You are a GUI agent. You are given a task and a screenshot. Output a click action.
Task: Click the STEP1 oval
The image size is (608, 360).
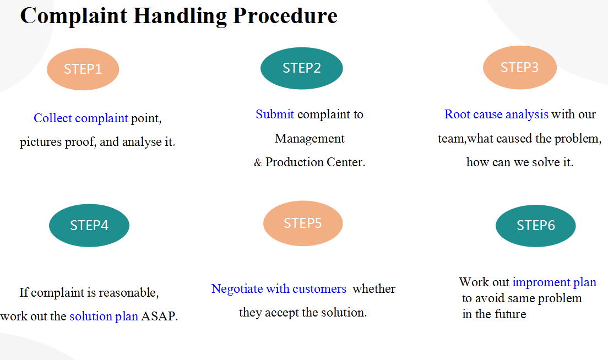click(x=83, y=69)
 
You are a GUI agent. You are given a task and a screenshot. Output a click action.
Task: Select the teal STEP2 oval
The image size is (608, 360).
click(x=302, y=68)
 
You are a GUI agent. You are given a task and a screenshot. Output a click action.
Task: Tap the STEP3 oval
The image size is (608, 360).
click(x=519, y=67)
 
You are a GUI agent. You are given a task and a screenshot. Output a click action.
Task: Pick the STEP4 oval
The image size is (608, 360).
click(x=89, y=225)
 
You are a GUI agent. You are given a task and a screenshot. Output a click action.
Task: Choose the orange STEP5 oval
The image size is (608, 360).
click(x=303, y=223)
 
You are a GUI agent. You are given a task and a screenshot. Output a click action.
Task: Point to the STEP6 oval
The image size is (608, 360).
click(x=535, y=226)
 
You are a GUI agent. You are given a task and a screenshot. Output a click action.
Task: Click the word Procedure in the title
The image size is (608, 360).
click(x=285, y=16)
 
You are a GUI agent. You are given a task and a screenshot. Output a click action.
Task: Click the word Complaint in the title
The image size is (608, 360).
click(x=74, y=16)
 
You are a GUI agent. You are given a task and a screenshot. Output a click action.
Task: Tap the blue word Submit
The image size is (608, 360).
click(x=274, y=114)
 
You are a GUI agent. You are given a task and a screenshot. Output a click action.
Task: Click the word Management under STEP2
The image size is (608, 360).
click(x=310, y=138)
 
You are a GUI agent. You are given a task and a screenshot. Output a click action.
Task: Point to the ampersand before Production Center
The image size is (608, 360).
click(x=258, y=162)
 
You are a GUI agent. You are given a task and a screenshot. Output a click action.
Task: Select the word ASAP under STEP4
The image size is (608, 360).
click(x=159, y=316)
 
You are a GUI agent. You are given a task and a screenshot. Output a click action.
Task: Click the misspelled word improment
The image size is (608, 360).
click(x=541, y=282)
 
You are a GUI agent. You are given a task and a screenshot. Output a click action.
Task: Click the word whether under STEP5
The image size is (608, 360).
click(x=374, y=288)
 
